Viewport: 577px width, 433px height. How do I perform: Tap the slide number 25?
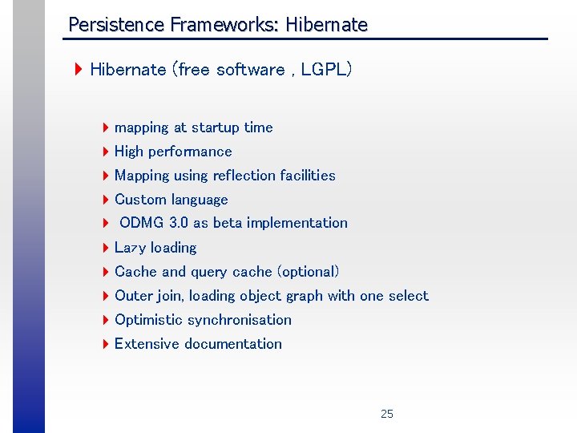pyautogui.click(x=387, y=414)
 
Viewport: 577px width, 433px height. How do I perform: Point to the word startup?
pyautogui.click(x=216, y=127)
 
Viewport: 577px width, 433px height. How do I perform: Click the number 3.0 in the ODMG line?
pyautogui.click(x=179, y=223)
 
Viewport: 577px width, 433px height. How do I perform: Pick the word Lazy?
pyautogui.click(x=131, y=248)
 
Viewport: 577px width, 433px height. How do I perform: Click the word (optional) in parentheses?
pyautogui.click(x=309, y=272)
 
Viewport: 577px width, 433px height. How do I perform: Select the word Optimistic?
pyautogui.click(x=148, y=320)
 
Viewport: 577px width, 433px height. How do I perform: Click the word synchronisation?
pyautogui.click(x=239, y=320)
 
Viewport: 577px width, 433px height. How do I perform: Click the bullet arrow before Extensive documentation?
pyautogui.click(x=106, y=344)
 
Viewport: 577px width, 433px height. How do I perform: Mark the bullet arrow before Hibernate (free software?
pyautogui.click(x=79, y=70)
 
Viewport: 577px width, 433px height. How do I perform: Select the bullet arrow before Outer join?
pyautogui.click(x=106, y=296)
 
